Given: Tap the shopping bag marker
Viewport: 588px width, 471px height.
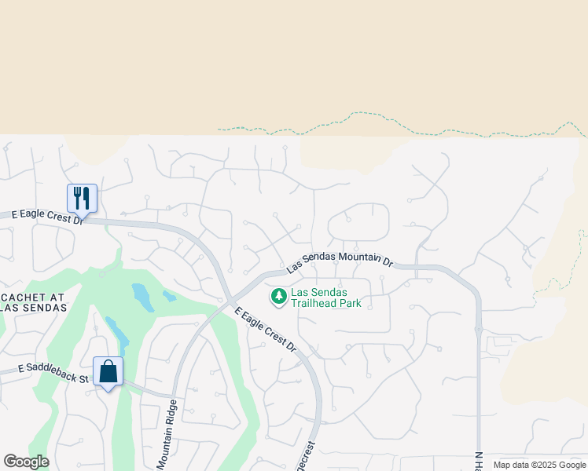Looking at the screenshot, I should [x=108, y=371].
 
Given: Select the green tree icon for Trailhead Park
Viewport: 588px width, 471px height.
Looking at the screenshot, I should [x=278, y=296].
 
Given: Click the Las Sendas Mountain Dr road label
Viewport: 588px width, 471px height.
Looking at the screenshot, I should [x=339, y=261].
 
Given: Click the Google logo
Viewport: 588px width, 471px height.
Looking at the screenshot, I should [x=26, y=462].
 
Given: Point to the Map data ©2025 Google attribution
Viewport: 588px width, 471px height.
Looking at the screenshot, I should [x=539, y=465].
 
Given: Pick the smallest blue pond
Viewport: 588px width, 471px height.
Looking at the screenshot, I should [x=169, y=297].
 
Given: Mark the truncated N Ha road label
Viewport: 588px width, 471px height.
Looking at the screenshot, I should [x=479, y=461].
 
